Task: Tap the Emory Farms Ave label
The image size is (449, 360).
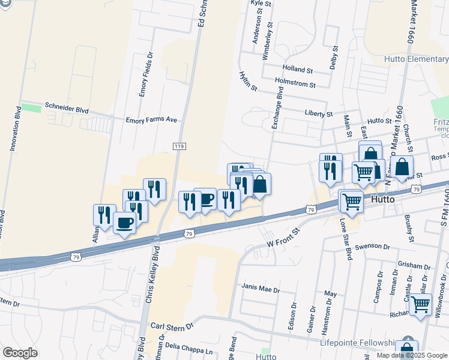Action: click(x=151, y=120)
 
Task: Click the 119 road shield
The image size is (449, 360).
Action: click(x=178, y=146)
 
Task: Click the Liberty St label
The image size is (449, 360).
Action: click(x=319, y=113)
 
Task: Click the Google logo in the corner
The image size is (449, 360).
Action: click(x=20, y=353)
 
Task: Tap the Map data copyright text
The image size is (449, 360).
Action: click(x=412, y=355)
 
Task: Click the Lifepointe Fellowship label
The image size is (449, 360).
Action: click(x=361, y=342)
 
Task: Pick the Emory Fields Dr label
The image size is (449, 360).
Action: click(x=143, y=74)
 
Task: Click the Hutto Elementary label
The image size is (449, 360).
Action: click(x=417, y=59)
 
